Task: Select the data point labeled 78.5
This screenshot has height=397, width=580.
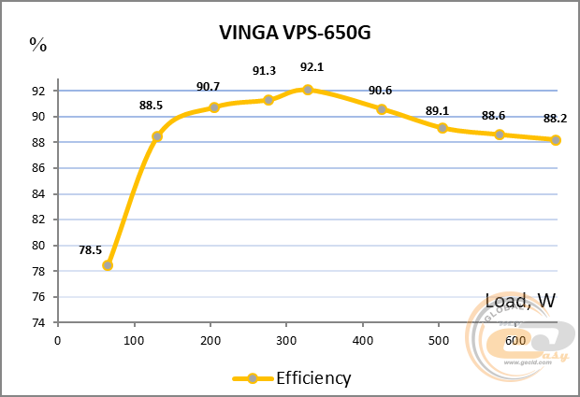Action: pyautogui.click(x=108, y=265)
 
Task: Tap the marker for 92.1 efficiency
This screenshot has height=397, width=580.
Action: pyautogui.click(x=307, y=90)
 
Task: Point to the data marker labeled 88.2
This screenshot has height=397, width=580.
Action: pyautogui.click(x=556, y=140)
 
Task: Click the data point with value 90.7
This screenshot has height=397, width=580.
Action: pyautogui.click(x=214, y=107)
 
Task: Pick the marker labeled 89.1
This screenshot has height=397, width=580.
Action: pyautogui.click(x=442, y=128)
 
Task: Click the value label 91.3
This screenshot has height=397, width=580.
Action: pyautogui.click(x=266, y=70)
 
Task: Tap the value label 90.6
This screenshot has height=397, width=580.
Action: pyautogui.click(x=381, y=91)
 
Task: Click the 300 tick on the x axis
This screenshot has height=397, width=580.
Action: pyautogui.click(x=286, y=340)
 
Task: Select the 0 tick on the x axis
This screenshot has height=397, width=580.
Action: pyautogui.click(x=58, y=340)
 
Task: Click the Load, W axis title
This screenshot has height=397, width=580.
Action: pyautogui.click(x=521, y=301)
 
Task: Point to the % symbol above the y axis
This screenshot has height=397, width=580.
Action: pyautogui.click(x=37, y=42)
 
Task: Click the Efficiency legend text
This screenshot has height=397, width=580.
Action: pyautogui.click(x=312, y=378)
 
